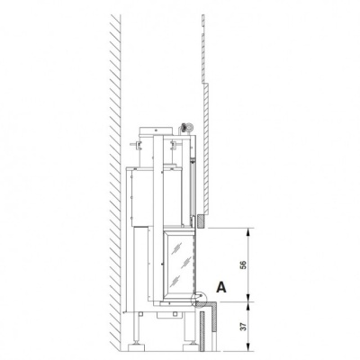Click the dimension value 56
point(244,265)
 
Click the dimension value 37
point(244,327)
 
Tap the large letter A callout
point(221,287)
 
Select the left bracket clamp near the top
point(137,145)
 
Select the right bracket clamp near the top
point(175,145)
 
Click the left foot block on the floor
point(138,347)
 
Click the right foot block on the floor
point(191,347)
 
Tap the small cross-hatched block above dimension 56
point(202,221)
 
